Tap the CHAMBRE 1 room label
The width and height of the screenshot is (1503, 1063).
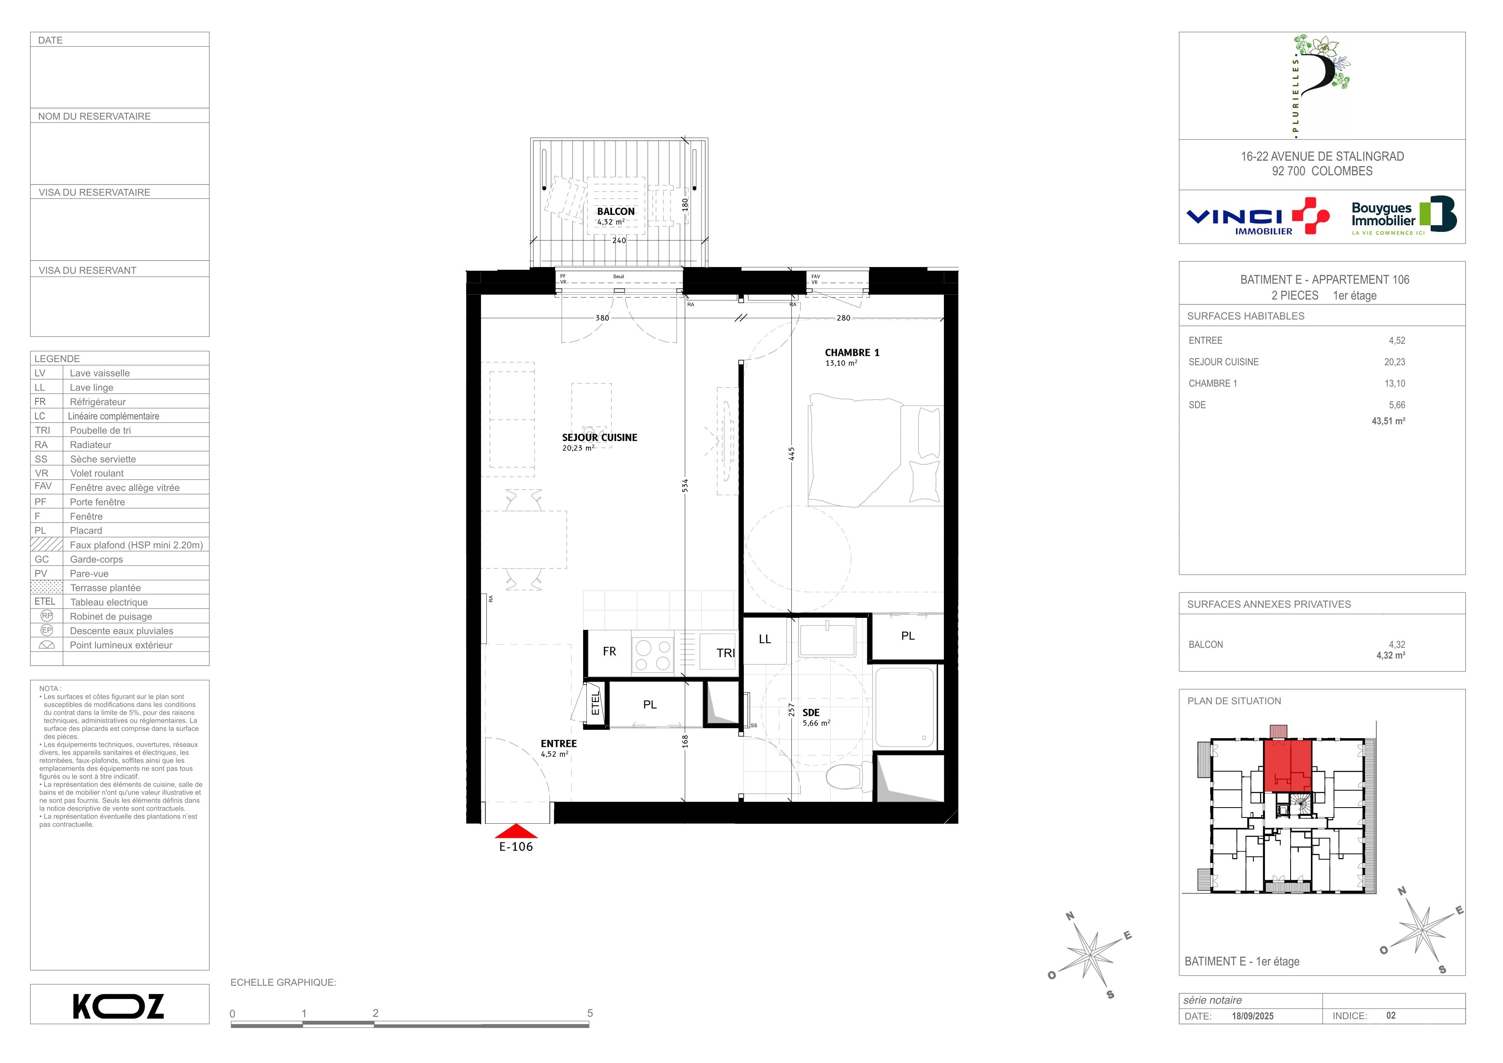click(852, 353)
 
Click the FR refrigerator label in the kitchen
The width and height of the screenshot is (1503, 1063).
click(610, 651)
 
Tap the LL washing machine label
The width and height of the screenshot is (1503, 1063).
click(765, 639)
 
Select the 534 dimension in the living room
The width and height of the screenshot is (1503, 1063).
click(685, 485)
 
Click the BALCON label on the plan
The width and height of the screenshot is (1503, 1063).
click(615, 212)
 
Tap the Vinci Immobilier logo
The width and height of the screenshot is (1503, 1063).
click(1258, 217)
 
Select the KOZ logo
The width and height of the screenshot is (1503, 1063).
click(119, 1007)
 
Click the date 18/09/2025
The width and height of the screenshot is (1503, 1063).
click(1252, 1016)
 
